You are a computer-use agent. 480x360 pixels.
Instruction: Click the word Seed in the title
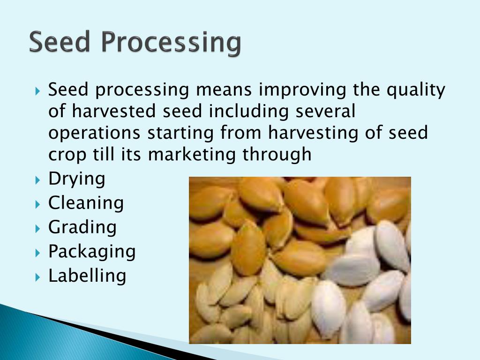click(x=60, y=41)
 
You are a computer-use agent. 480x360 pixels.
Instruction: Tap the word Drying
click(x=76, y=179)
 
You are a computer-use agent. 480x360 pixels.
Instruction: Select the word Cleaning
click(x=86, y=202)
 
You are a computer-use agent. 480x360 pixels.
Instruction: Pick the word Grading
click(x=82, y=228)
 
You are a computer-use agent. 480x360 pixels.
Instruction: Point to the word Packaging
click(x=92, y=252)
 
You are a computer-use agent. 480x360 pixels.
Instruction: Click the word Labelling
click(x=87, y=276)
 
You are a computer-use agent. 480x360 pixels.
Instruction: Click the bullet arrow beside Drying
click(x=37, y=180)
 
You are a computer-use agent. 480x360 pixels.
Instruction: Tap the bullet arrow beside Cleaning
click(x=37, y=204)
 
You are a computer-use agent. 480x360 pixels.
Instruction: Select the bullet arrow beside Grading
click(x=37, y=228)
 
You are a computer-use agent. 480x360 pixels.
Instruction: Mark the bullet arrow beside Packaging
click(x=37, y=253)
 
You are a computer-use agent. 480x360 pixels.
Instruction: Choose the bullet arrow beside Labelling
click(x=37, y=277)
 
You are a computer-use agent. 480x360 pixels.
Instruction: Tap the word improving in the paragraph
click(x=302, y=90)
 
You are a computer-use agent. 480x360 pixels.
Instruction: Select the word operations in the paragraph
click(x=94, y=134)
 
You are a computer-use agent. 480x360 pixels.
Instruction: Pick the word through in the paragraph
click(x=277, y=154)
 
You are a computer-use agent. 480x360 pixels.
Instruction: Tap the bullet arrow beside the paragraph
click(x=37, y=91)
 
